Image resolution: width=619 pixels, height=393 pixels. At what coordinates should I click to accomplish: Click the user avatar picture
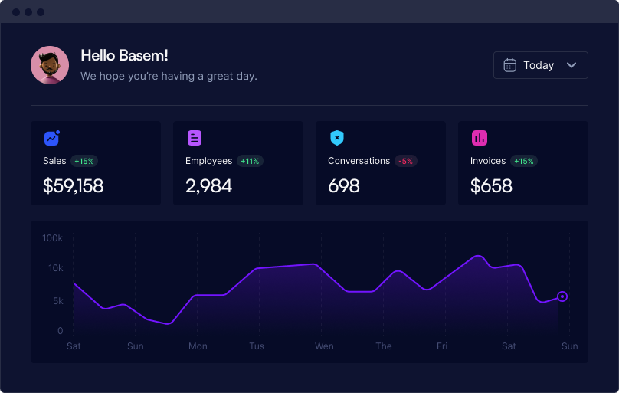point(50,65)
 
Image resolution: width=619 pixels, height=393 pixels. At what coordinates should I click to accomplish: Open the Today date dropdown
point(540,65)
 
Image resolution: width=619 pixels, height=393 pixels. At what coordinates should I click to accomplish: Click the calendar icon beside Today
point(509,65)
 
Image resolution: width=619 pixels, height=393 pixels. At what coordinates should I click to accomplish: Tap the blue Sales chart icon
point(52,138)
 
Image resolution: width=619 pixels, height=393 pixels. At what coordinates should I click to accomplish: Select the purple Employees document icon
point(195,138)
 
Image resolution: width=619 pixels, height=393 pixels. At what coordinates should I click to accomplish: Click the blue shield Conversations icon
point(337,138)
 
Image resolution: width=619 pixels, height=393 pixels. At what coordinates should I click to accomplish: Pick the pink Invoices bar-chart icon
point(480,138)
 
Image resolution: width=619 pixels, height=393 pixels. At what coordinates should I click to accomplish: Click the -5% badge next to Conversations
point(405,161)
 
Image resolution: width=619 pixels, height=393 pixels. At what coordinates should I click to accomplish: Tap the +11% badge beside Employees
point(250,161)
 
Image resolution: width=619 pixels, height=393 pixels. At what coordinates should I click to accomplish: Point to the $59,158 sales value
point(73,185)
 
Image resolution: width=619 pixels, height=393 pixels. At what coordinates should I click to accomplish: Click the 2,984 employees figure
point(209,186)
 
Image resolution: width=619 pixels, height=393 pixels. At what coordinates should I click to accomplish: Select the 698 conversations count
point(344,186)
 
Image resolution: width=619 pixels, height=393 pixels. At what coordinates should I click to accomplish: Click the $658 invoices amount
point(491,185)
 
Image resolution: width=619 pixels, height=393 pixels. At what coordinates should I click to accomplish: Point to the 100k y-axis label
point(53,238)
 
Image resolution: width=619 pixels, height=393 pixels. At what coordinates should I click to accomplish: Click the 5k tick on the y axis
point(58,301)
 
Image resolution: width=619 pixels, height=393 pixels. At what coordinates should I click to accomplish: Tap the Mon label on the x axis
point(198,346)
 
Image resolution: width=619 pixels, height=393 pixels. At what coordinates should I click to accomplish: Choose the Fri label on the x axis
point(442,346)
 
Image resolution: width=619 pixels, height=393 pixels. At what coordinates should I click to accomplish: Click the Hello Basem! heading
point(124,56)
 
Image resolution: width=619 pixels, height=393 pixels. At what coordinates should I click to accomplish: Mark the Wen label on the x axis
point(324,346)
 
